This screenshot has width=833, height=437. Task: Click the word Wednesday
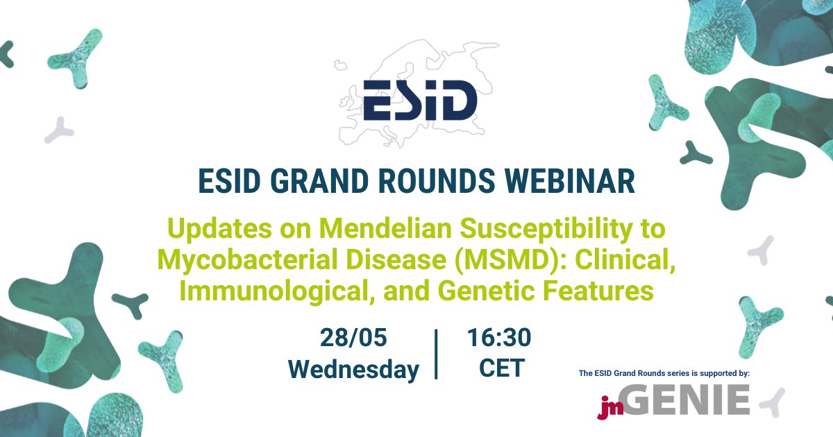pos(353,369)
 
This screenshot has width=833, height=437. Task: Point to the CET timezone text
pos(501,369)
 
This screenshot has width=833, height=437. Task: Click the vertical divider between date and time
pos(436,354)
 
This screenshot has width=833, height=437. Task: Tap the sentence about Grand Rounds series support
pos(664,373)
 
